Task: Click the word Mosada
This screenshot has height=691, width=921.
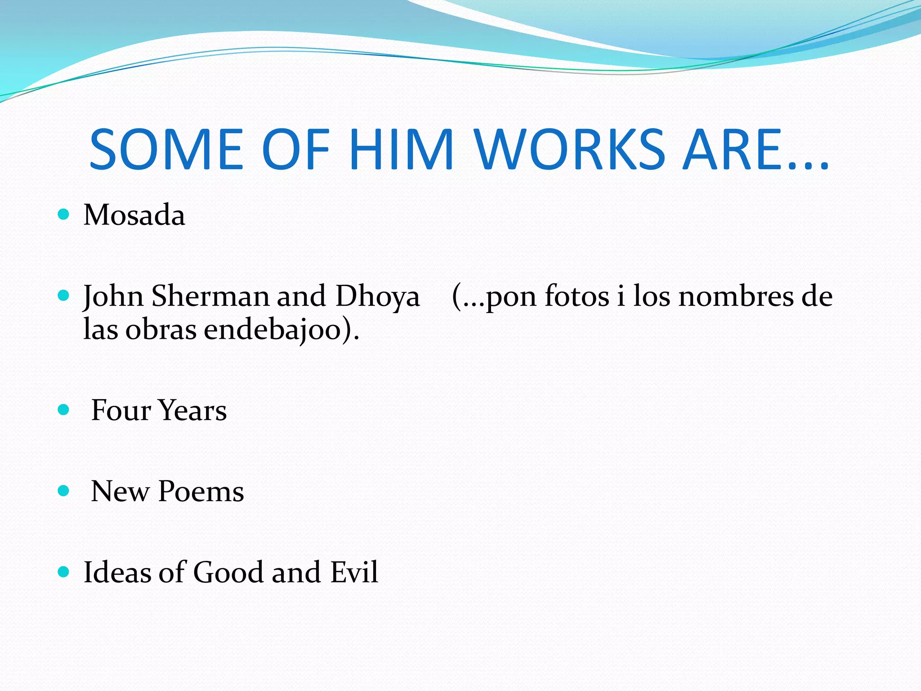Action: tap(134, 215)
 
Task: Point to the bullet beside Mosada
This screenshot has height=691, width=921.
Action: tap(63, 214)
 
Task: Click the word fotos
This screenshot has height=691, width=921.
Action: tap(577, 296)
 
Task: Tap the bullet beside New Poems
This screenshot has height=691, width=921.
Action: tap(63, 490)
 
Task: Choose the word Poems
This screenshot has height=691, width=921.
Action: tap(201, 491)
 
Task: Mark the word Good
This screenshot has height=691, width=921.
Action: tap(228, 572)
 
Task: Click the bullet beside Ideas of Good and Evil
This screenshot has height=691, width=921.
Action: tap(63, 572)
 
